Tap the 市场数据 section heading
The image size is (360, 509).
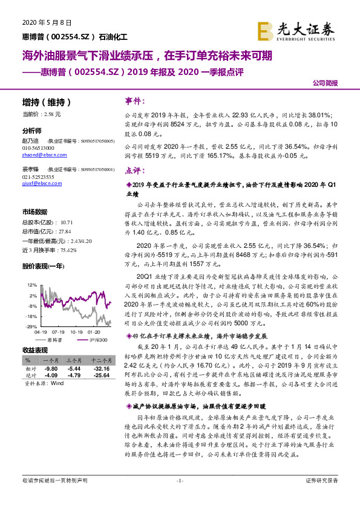[x=34, y=212]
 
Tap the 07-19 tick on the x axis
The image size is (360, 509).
[x=59, y=331]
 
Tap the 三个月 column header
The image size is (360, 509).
[x=74, y=360]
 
